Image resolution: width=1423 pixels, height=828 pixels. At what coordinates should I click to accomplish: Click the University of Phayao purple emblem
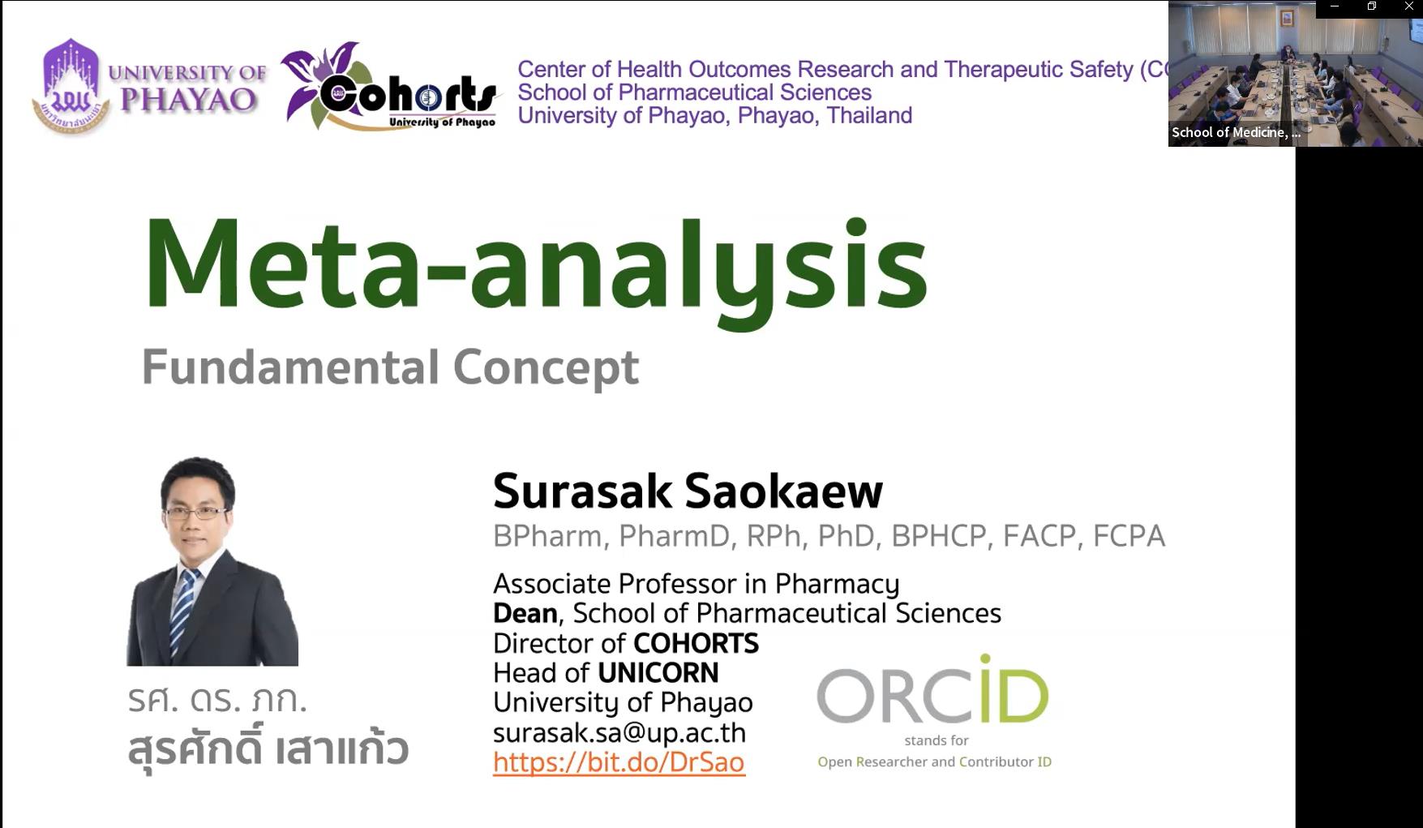pos(71,86)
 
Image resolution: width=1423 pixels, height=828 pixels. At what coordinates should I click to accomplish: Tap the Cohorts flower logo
pos(389,86)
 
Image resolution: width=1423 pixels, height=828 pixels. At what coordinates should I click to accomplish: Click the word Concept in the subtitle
pos(546,367)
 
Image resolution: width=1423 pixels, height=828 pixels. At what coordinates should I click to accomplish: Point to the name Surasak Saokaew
pos(688,491)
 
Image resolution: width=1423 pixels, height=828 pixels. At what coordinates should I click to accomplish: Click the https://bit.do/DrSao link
pos(619,762)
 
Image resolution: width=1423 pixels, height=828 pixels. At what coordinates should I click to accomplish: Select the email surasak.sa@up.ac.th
pos(619,732)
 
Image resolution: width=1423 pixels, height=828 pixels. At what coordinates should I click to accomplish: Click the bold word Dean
pos(525,613)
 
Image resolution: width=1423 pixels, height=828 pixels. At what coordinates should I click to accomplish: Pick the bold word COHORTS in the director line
pos(696,643)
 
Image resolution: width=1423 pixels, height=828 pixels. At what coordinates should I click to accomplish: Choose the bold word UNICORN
pos(658,673)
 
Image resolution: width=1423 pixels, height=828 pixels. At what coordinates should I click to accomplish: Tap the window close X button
pos(1409,6)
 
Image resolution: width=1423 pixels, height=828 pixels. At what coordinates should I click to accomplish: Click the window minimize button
pos(1335,6)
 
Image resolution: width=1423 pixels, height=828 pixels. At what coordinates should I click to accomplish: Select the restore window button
pos(1372,6)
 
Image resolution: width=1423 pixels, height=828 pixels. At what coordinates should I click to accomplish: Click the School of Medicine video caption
pos(1236,132)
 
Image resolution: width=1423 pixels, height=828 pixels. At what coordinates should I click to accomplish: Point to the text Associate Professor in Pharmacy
pos(696,584)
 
